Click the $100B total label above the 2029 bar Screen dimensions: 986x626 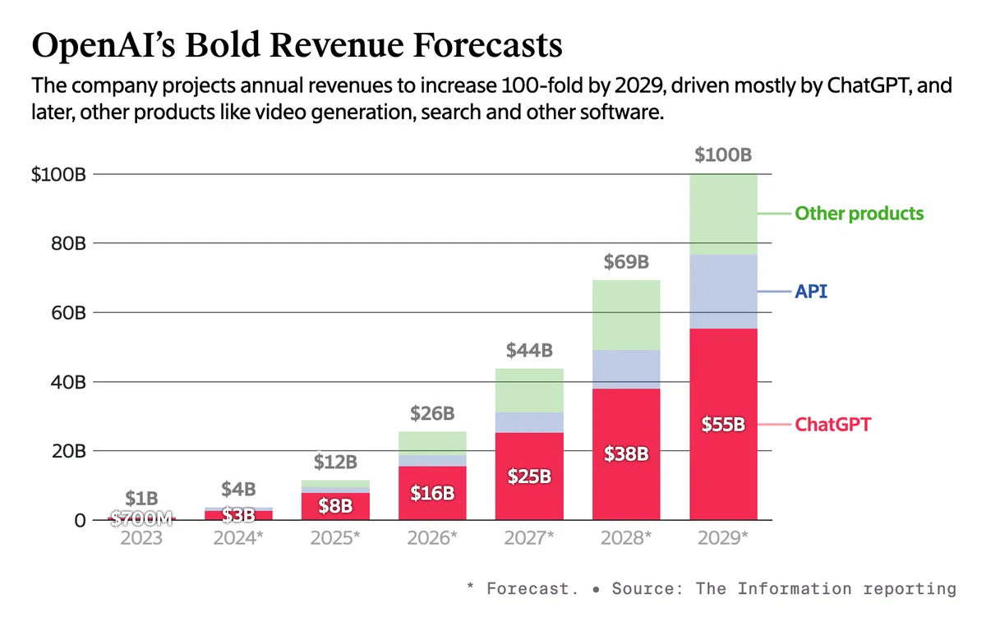[x=723, y=155]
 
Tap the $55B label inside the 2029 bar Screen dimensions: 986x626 [x=723, y=425]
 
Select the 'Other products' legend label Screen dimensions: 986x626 [x=859, y=214]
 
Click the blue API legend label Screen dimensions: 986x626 [x=811, y=292]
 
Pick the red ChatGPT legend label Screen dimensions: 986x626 [x=833, y=425]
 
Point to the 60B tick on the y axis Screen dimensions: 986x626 [x=68, y=312]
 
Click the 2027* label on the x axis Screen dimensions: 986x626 [x=529, y=538]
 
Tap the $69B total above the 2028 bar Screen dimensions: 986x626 [x=626, y=262]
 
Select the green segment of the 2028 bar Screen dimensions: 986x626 [x=626, y=315]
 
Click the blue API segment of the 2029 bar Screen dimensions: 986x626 [x=724, y=292]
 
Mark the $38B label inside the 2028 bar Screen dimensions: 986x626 [x=626, y=453]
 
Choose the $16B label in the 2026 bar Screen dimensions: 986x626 [x=432, y=493]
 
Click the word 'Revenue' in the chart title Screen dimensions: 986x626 [x=337, y=45]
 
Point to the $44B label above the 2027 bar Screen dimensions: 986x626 [x=529, y=351]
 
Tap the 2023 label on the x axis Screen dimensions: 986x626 [x=141, y=538]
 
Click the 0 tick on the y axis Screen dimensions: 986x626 [x=80, y=521]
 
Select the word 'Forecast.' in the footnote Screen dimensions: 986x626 [x=532, y=588]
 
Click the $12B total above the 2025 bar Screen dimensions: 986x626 [x=335, y=463]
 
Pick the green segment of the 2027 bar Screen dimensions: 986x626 [x=529, y=390]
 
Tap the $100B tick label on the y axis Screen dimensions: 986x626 [x=58, y=175]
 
